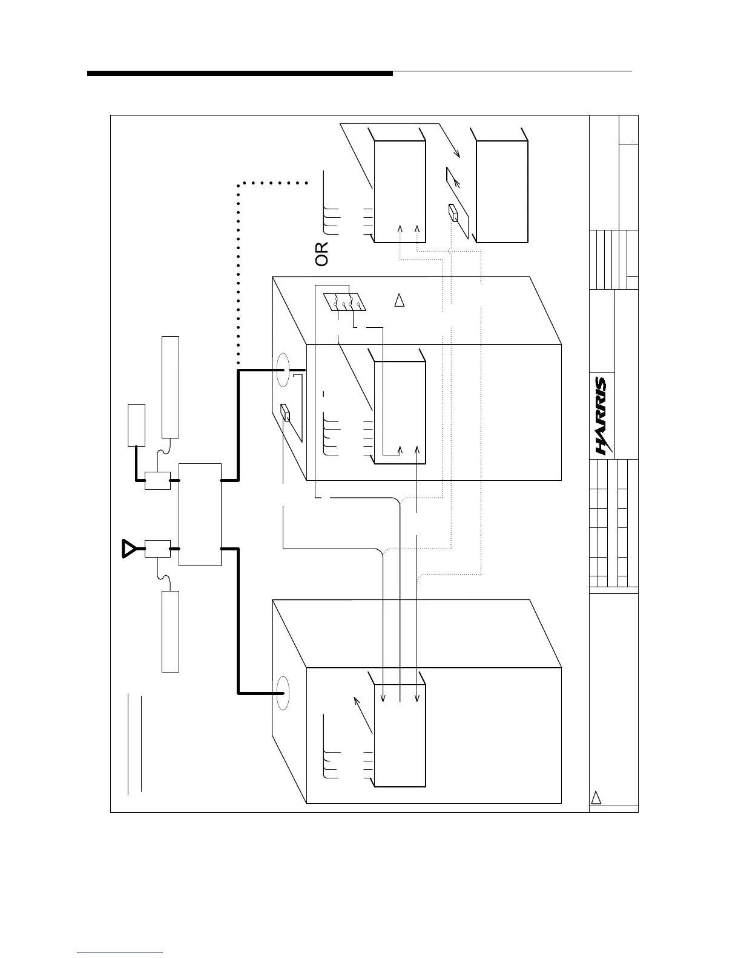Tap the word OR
coord(322,254)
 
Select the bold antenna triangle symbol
coord(129,548)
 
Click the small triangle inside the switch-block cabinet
coord(399,300)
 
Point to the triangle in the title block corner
coord(596,797)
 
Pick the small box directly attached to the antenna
coord(157,549)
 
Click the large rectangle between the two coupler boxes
coord(200,515)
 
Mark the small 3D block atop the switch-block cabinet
coord(287,414)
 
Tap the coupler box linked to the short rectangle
coord(157,481)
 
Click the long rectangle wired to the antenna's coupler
coord(171,631)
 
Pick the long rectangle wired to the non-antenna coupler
coord(171,386)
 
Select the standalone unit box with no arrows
coord(502,192)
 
